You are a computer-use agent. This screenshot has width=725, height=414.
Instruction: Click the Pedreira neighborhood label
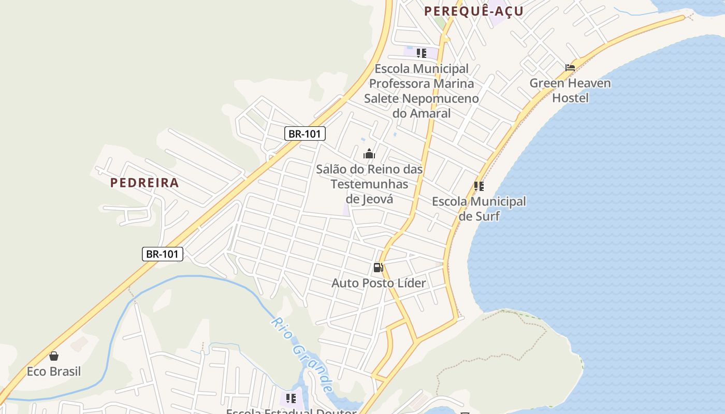pos(144,183)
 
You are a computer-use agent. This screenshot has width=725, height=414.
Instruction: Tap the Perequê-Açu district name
pos(474,11)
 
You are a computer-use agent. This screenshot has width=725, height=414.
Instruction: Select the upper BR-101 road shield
pos(305,134)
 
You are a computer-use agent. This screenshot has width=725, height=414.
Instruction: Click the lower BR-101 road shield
pos(163,254)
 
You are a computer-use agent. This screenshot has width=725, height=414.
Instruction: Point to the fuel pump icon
pos(378,268)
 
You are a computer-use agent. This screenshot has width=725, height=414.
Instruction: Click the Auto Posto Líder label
pos(379,283)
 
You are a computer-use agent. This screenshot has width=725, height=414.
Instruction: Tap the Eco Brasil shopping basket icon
pos(54,356)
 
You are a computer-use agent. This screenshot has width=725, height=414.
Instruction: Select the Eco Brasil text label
pos(54,372)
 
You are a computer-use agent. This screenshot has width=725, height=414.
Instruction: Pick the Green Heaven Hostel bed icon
pos(570,68)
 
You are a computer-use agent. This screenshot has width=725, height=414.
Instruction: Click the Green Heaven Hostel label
pos(570,90)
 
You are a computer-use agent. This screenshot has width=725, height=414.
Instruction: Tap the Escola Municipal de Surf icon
pos(479,186)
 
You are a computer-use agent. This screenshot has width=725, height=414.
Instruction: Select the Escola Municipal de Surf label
pos(479,209)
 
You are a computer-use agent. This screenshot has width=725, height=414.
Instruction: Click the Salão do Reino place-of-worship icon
pos(369,154)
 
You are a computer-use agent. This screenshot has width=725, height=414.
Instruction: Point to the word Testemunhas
pos(369,184)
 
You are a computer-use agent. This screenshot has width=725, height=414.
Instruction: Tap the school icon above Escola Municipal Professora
pos(422,53)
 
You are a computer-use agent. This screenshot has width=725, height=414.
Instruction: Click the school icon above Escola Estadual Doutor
pos(291,398)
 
